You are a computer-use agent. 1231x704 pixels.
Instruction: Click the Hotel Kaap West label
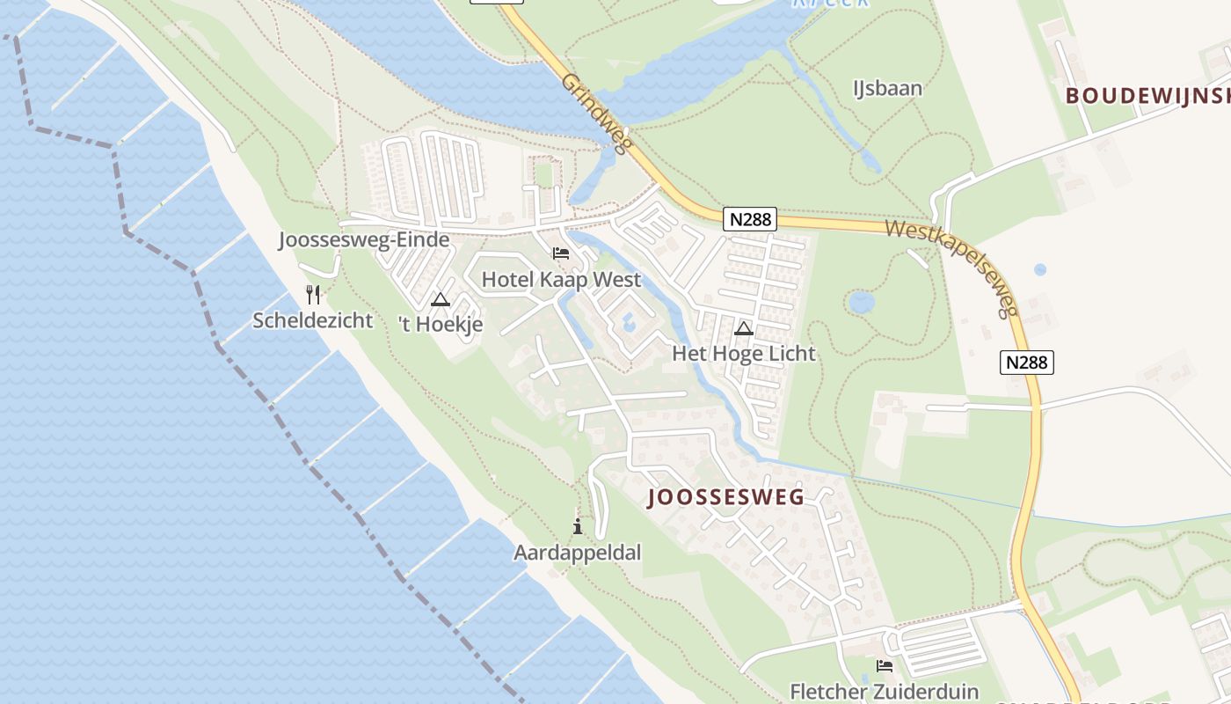(x=561, y=281)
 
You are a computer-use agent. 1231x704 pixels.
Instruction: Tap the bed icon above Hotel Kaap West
(x=561, y=254)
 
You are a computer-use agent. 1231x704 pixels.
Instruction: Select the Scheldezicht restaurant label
(x=313, y=320)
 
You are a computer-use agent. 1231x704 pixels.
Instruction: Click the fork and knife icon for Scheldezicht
(x=313, y=294)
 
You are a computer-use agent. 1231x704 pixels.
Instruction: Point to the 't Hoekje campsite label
(x=441, y=325)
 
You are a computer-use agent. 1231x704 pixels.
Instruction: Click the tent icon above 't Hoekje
(x=441, y=299)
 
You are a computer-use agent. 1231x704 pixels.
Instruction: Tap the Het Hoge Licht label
(x=744, y=354)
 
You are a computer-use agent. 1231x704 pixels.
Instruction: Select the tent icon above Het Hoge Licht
(x=744, y=329)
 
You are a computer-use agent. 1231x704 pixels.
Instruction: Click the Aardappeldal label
(x=578, y=553)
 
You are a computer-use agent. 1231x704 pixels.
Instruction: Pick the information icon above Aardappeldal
(x=578, y=527)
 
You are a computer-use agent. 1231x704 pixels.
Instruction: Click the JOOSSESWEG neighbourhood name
(x=726, y=497)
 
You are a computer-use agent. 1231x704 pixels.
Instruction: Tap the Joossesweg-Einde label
(x=364, y=239)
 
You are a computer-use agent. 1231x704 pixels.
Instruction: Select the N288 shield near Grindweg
(x=750, y=219)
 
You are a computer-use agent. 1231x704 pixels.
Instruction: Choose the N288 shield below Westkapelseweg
(x=1027, y=362)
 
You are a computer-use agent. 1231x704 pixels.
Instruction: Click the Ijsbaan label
(x=888, y=88)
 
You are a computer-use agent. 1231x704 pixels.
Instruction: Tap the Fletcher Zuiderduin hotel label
(x=884, y=692)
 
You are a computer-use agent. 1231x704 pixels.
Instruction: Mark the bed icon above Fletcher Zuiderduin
(x=885, y=666)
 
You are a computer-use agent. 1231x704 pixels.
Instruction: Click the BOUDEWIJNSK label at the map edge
(x=1147, y=96)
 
